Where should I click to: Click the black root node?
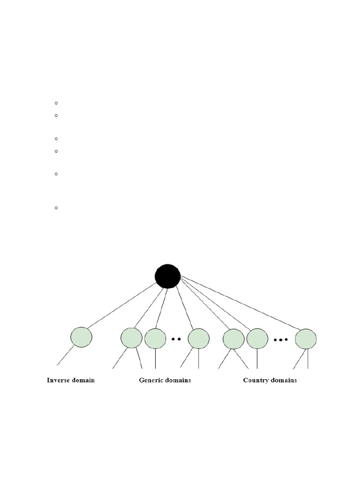168,276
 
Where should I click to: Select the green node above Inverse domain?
81,337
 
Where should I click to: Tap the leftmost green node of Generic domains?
131,338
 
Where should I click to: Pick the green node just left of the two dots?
155,338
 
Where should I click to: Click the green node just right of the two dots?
198,338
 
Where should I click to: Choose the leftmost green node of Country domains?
233,339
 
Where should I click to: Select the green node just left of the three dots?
257,339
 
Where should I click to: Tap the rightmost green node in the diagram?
306,339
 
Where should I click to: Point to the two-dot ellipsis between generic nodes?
176,338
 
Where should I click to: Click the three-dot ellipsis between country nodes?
281,339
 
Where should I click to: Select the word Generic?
151,380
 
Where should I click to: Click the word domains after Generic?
178,380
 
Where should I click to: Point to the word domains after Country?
284,380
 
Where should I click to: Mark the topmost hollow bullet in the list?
56,103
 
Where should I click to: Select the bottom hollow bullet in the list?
56,208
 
